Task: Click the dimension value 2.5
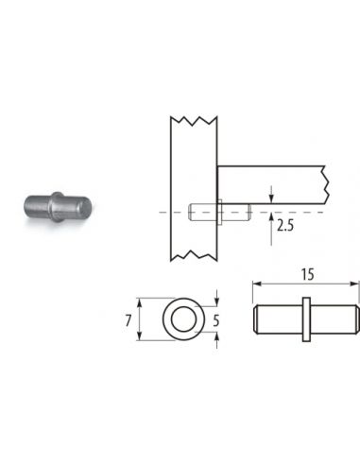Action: tap(285, 226)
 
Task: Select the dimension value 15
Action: tap(307, 274)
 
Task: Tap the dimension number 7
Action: tap(128, 321)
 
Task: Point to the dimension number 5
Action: tap(215, 321)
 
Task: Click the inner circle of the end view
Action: tap(183, 319)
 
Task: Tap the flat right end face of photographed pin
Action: tap(85, 207)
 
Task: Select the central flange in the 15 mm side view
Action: tap(306, 319)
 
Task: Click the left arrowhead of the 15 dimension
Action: tap(257, 284)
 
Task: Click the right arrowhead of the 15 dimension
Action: tap(354, 284)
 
